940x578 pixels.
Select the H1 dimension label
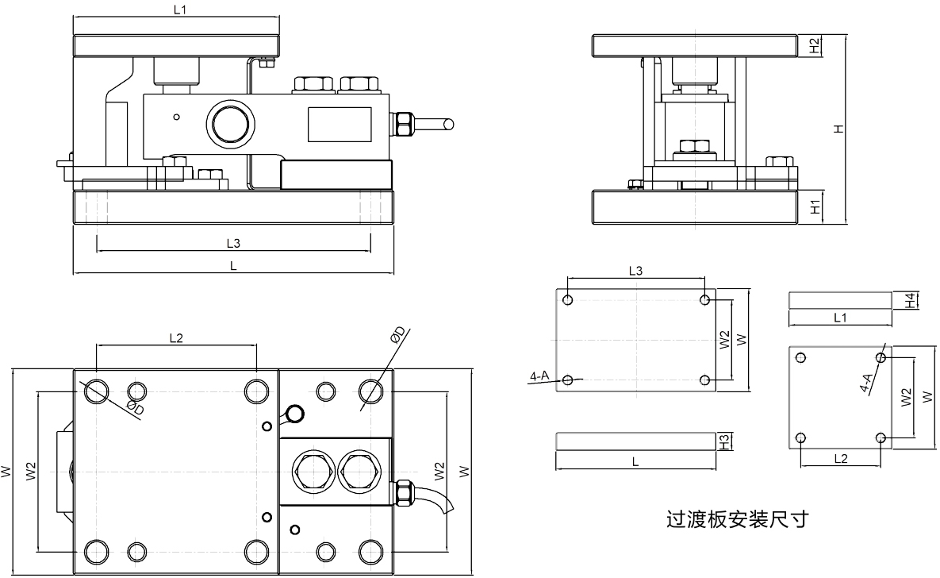click(815, 208)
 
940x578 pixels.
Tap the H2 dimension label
click(815, 47)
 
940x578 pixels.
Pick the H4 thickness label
click(911, 300)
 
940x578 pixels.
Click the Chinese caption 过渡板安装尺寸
click(736, 521)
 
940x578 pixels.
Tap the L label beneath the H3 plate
click(635, 460)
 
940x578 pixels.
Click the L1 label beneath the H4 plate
click(840, 318)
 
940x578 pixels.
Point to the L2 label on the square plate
click(841, 459)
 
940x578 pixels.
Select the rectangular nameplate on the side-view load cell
click(339, 124)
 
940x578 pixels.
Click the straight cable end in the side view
click(436, 124)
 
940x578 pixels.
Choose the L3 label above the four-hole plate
click(635, 271)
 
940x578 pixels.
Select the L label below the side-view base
click(233, 267)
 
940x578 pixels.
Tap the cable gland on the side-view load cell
click(404, 124)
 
